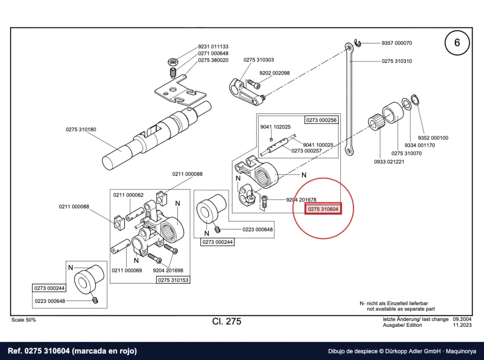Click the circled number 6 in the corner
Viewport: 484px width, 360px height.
tap(457, 43)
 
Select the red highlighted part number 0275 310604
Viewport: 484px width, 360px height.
tap(323, 209)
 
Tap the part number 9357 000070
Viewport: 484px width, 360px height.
tap(397, 43)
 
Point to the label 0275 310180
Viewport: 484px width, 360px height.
tap(81, 129)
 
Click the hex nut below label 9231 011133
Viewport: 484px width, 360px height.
tap(173, 62)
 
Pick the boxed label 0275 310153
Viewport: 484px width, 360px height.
tap(173, 280)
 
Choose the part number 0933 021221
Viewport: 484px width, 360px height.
tap(389, 162)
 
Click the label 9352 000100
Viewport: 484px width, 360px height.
tap(433, 138)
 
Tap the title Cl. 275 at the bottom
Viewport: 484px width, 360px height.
tap(226, 321)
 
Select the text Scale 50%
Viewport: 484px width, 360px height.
tap(24, 320)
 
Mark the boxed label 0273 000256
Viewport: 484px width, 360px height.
tap(321, 120)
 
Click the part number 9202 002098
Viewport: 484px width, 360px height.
tap(275, 73)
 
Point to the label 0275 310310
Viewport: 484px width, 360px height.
tap(397, 61)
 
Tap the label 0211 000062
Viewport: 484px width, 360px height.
tap(129, 195)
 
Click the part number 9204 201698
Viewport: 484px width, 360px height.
tap(168, 271)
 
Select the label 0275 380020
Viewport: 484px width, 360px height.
tap(213, 60)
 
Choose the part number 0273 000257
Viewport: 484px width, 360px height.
tap(306, 151)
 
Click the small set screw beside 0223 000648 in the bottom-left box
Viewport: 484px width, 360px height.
tap(95, 300)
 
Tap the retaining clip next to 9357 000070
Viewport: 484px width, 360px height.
tap(357, 43)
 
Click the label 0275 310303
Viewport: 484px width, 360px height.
tap(259, 60)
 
